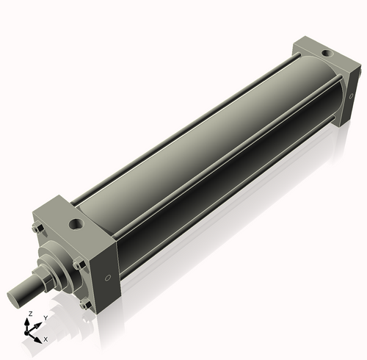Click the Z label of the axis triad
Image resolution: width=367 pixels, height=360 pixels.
coord(29,314)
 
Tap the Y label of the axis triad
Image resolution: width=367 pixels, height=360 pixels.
coord(45,317)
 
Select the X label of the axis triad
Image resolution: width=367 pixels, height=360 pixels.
coord(46,339)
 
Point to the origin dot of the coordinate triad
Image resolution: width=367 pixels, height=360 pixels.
coord(30,331)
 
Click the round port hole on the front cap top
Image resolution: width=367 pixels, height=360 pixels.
coord(75,221)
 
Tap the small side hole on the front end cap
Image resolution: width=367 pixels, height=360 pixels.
coord(109,278)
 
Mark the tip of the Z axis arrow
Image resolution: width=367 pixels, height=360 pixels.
coord(30,320)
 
